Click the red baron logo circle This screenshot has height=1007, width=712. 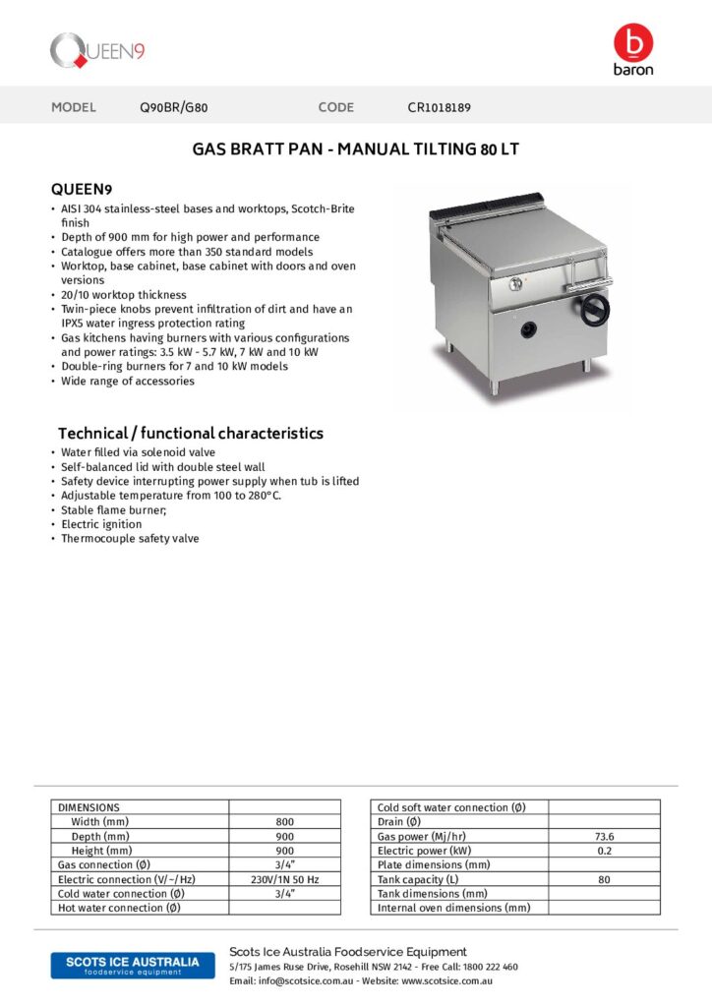point(632,43)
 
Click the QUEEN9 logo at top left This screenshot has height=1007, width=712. point(97,50)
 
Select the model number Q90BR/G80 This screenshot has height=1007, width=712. point(174,107)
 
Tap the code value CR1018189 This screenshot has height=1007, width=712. point(445,107)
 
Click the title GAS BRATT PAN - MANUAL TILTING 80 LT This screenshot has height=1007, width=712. point(355,150)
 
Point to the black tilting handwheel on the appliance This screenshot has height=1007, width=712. point(595,310)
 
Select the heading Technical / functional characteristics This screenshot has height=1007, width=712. point(191,433)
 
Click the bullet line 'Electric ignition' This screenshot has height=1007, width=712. point(101,524)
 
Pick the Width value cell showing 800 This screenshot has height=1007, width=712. point(284,821)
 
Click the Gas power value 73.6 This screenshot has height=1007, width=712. point(604,836)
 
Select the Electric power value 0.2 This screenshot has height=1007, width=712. point(604,850)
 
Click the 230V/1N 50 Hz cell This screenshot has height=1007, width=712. point(284,879)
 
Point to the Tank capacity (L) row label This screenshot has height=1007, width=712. point(418,879)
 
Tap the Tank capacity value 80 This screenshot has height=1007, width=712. point(604,879)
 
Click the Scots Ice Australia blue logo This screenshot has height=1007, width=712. point(125,965)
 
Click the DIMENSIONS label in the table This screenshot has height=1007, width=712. point(89,806)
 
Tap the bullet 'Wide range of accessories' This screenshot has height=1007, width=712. point(128,381)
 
